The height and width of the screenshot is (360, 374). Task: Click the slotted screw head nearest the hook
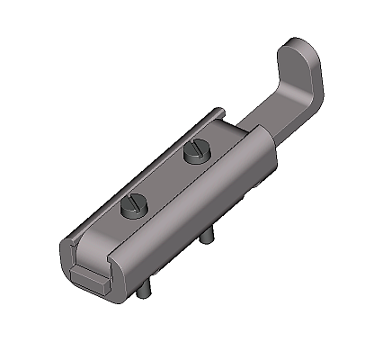(x=195, y=154)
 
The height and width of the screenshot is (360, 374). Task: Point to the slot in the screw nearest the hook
(x=195, y=153)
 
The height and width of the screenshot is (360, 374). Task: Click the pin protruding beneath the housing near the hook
(x=209, y=236)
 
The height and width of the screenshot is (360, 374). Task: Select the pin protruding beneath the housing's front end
(x=144, y=287)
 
